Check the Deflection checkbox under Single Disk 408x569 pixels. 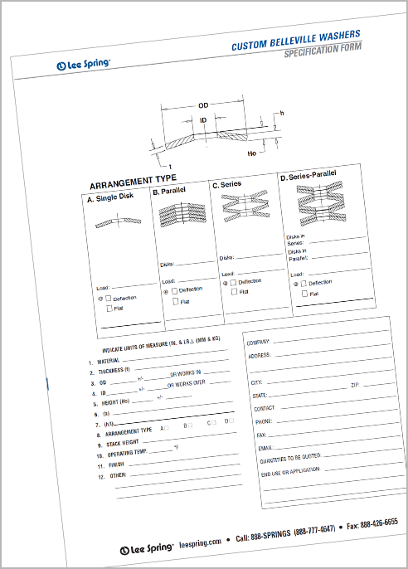tap(109, 298)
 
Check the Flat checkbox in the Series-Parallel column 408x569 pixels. tap(304, 293)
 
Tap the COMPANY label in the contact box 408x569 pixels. tap(260, 341)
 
